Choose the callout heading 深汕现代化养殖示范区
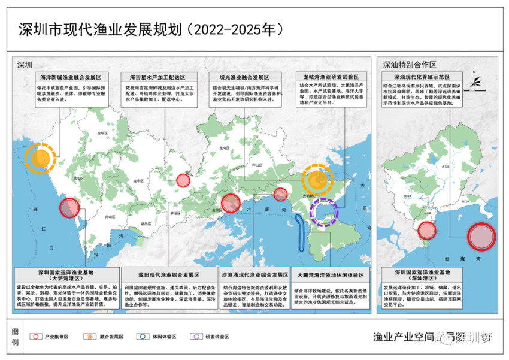pos(421,77)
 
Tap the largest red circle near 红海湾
pos(481,236)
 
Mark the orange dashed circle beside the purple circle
pos(318,179)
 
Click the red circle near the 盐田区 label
pos(230,204)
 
